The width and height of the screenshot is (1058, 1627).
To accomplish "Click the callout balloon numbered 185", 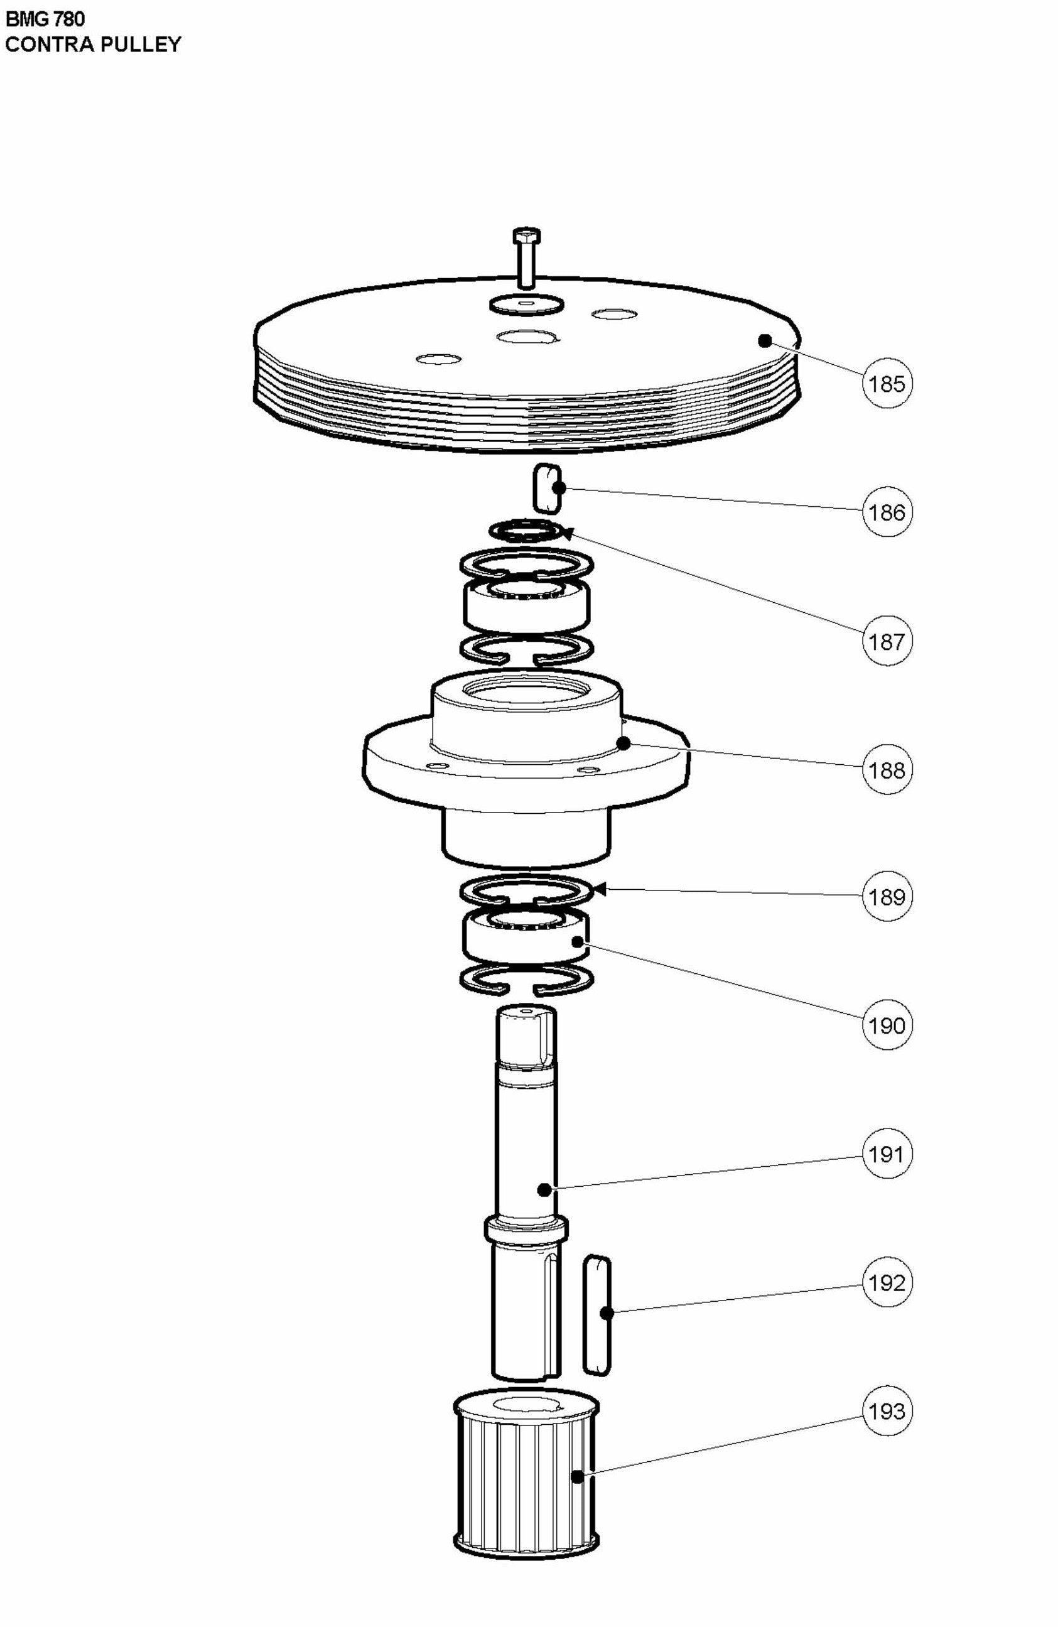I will pyautogui.click(x=887, y=384).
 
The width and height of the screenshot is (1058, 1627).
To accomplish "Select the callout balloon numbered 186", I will pyautogui.click(x=887, y=512).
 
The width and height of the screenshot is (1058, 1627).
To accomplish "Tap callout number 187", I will pyautogui.click(x=887, y=641).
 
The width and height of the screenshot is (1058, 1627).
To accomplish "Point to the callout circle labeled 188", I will pyautogui.click(x=887, y=770).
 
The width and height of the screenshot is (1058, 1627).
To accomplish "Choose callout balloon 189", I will pyautogui.click(x=887, y=896).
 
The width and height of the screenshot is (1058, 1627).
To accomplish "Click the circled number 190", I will pyautogui.click(x=887, y=1025).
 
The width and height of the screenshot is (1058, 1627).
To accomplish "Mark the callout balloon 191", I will pyautogui.click(x=887, y=1154).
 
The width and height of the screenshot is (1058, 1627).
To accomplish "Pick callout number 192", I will pyautogui.click(x=887, y=1282).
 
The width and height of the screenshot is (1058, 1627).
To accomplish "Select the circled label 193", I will pyautogui.click(x=887, y=1410).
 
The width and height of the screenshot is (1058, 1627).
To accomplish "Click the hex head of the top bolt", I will pyautogui.click(x=526, y=237).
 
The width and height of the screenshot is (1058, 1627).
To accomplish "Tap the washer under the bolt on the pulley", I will pyautogui.click(x=526, y=304).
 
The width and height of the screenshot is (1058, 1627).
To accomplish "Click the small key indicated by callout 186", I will pyautogui.click(x=547, y=488).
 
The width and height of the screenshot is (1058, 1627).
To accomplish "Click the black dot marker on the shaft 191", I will pyautogui.click(x=544, y=1190).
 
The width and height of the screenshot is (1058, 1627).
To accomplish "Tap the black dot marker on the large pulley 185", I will pyautogui.click(x=765, y=340).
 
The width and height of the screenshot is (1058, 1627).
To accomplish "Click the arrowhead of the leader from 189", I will pyautogui.click(x=600, y=889).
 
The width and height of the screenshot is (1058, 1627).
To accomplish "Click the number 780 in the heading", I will pyautogui.click(x=68, y=18).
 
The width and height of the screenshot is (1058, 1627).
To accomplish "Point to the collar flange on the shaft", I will pyautogui.click(x=526, y=1228).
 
